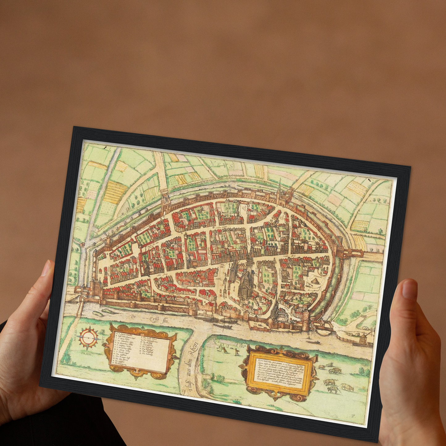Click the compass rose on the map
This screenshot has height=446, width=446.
click(89, 338)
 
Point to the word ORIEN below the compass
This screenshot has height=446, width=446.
click(86, 353)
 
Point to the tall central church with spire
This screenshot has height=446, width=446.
click(246, 278)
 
